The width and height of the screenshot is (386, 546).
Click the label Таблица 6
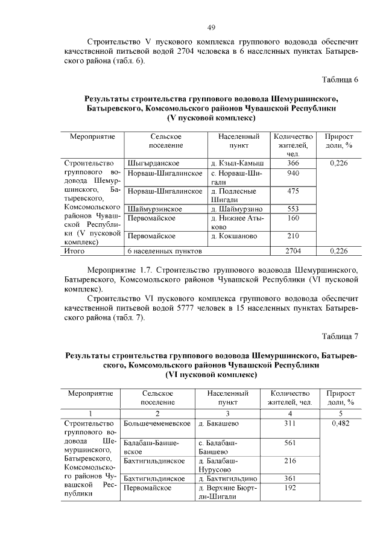(x=340, y=80)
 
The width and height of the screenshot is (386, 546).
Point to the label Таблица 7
(x=340, y=335)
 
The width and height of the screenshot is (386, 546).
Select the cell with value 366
(x=293, y=163)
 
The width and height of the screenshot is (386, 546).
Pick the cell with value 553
(x=293, y=208)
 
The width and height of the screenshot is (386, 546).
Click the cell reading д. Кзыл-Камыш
(x=238, y=163)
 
